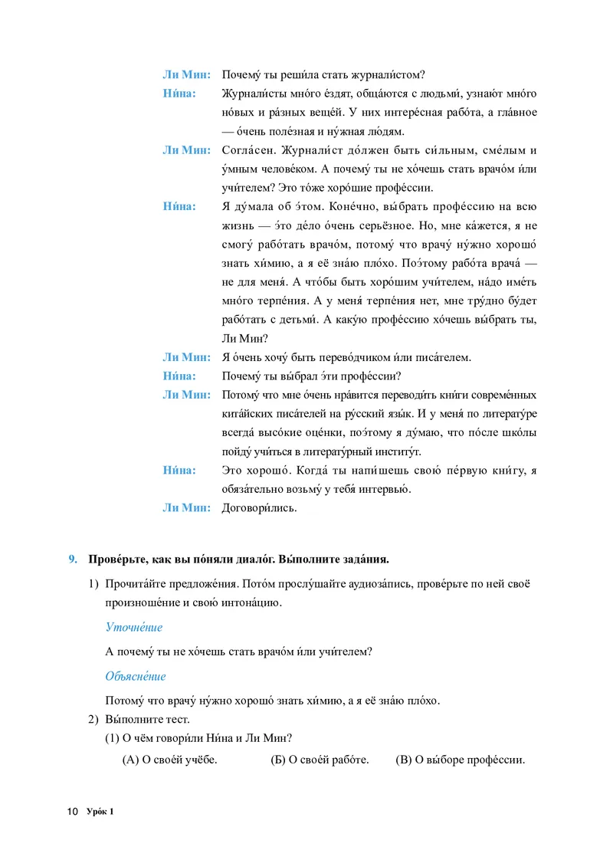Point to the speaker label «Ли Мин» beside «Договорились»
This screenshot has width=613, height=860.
[x=185, y=507]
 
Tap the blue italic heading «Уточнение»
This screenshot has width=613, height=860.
[x=133, y=627]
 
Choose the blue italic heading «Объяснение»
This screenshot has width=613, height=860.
[x=136, y=676]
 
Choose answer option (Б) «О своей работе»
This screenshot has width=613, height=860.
[x=320, y=760]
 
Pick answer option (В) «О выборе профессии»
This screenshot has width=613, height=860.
[x=460, y=760]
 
